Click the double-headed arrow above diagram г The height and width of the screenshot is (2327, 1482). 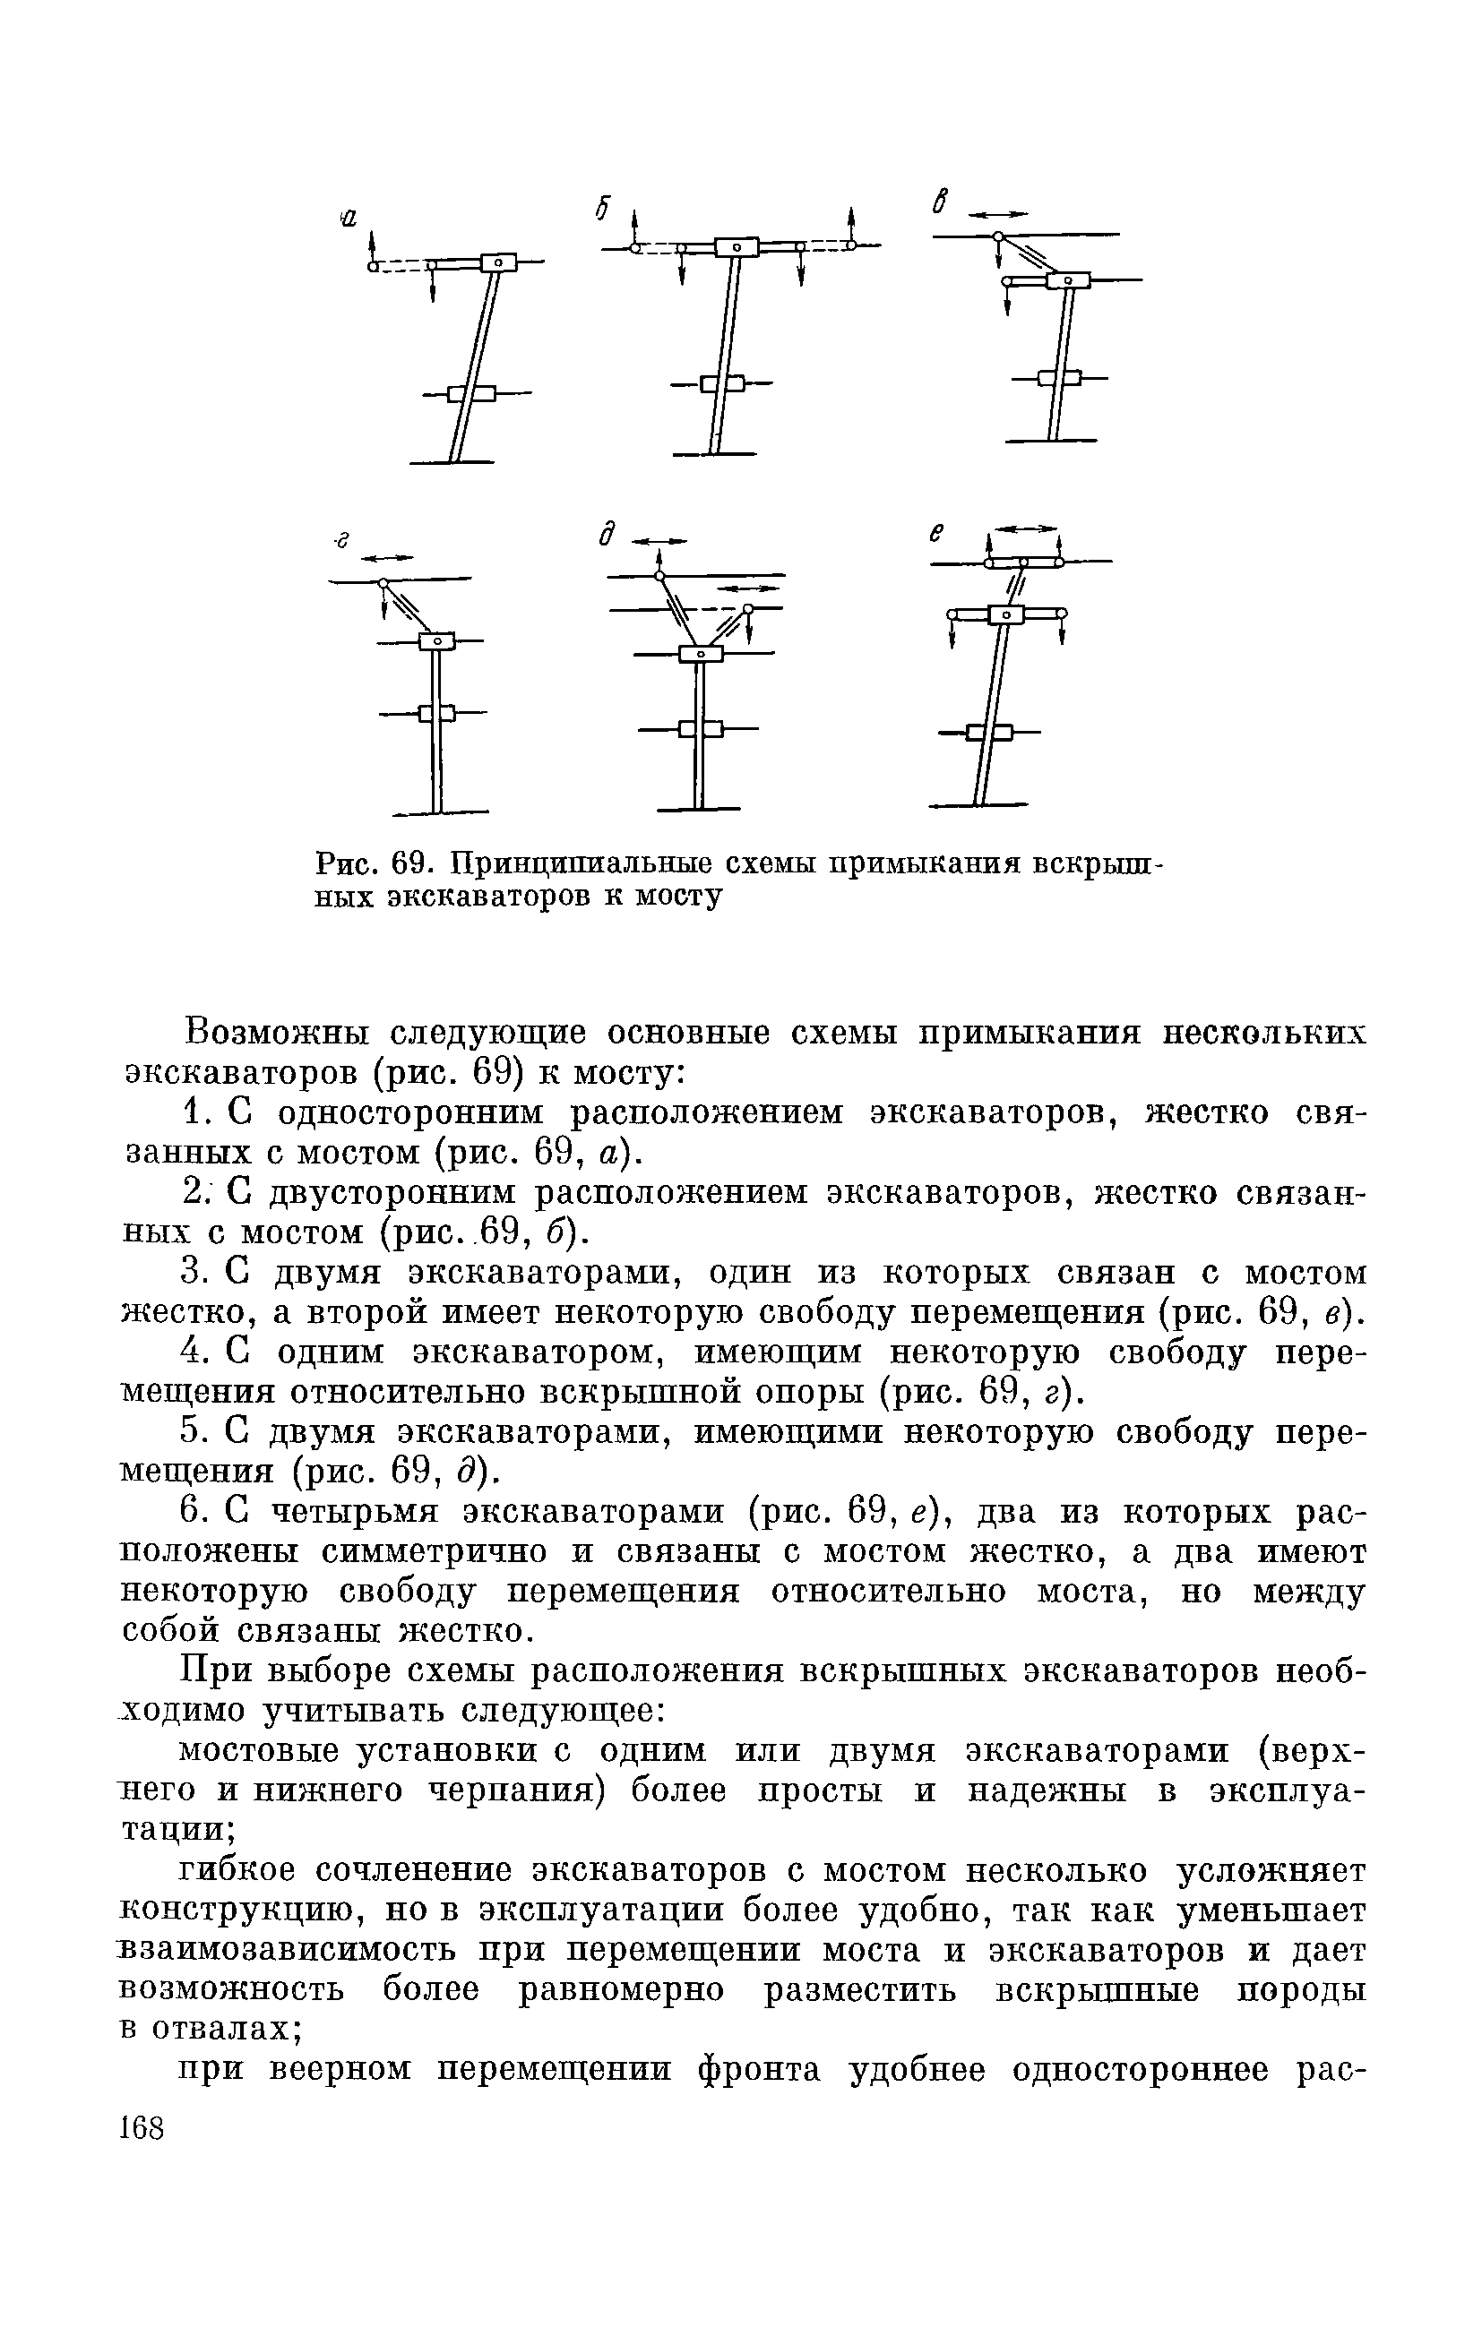coord(387,556)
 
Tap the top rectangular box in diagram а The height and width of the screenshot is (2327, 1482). coord(500,262)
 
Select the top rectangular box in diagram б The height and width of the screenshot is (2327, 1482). coord(737,247)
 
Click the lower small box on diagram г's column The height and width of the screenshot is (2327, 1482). coord(437,713)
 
